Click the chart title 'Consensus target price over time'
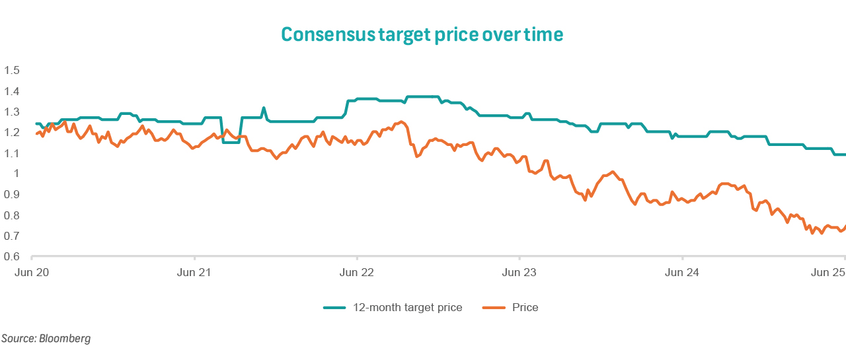pyautogui.click(x=422, y=34)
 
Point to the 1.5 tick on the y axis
pyautogui.click(x=13, y=70)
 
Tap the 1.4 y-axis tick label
pyautogui.click(x=13, y=91)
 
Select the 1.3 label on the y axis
pyautogui.click(x=13, y=112)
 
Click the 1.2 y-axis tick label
pyautogui.click(x=13, y=132)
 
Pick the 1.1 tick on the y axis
pyautogui.click(x=13, y=153)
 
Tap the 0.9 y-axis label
pyautogui.click(x=13, y=195)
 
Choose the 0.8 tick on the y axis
pyautogui.click(x=13, y=215)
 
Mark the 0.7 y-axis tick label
pyautogui.click(x=13, y=236)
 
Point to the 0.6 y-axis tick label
pyautogui.click(x=13, y=257)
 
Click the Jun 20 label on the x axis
pyautogui.click(x=32, y=272)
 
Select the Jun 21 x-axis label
pyautogui.click(x=194, y=272)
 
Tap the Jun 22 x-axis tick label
pyautogui.click(x=357, y=272)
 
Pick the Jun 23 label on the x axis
pyautogui.click(x=520, y=272)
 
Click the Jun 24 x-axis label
pyautogui.click(x=683, y=272)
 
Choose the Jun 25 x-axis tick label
pyautogui.click(x=829, y=272)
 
